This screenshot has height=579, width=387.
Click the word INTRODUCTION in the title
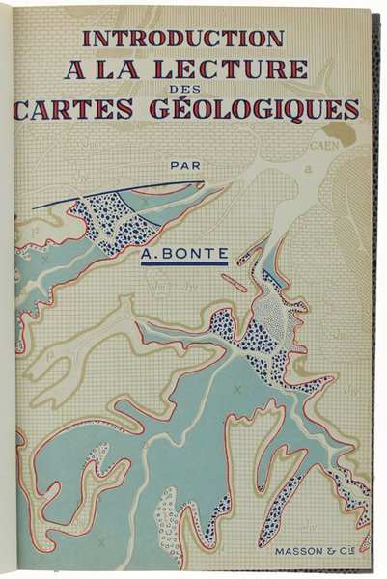[x=183, y=38]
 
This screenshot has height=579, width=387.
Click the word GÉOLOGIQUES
[x=271, y=107]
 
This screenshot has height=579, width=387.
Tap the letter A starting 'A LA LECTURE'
[x=76, y=69]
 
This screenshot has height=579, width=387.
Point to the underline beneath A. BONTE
[x=183, y=265]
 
